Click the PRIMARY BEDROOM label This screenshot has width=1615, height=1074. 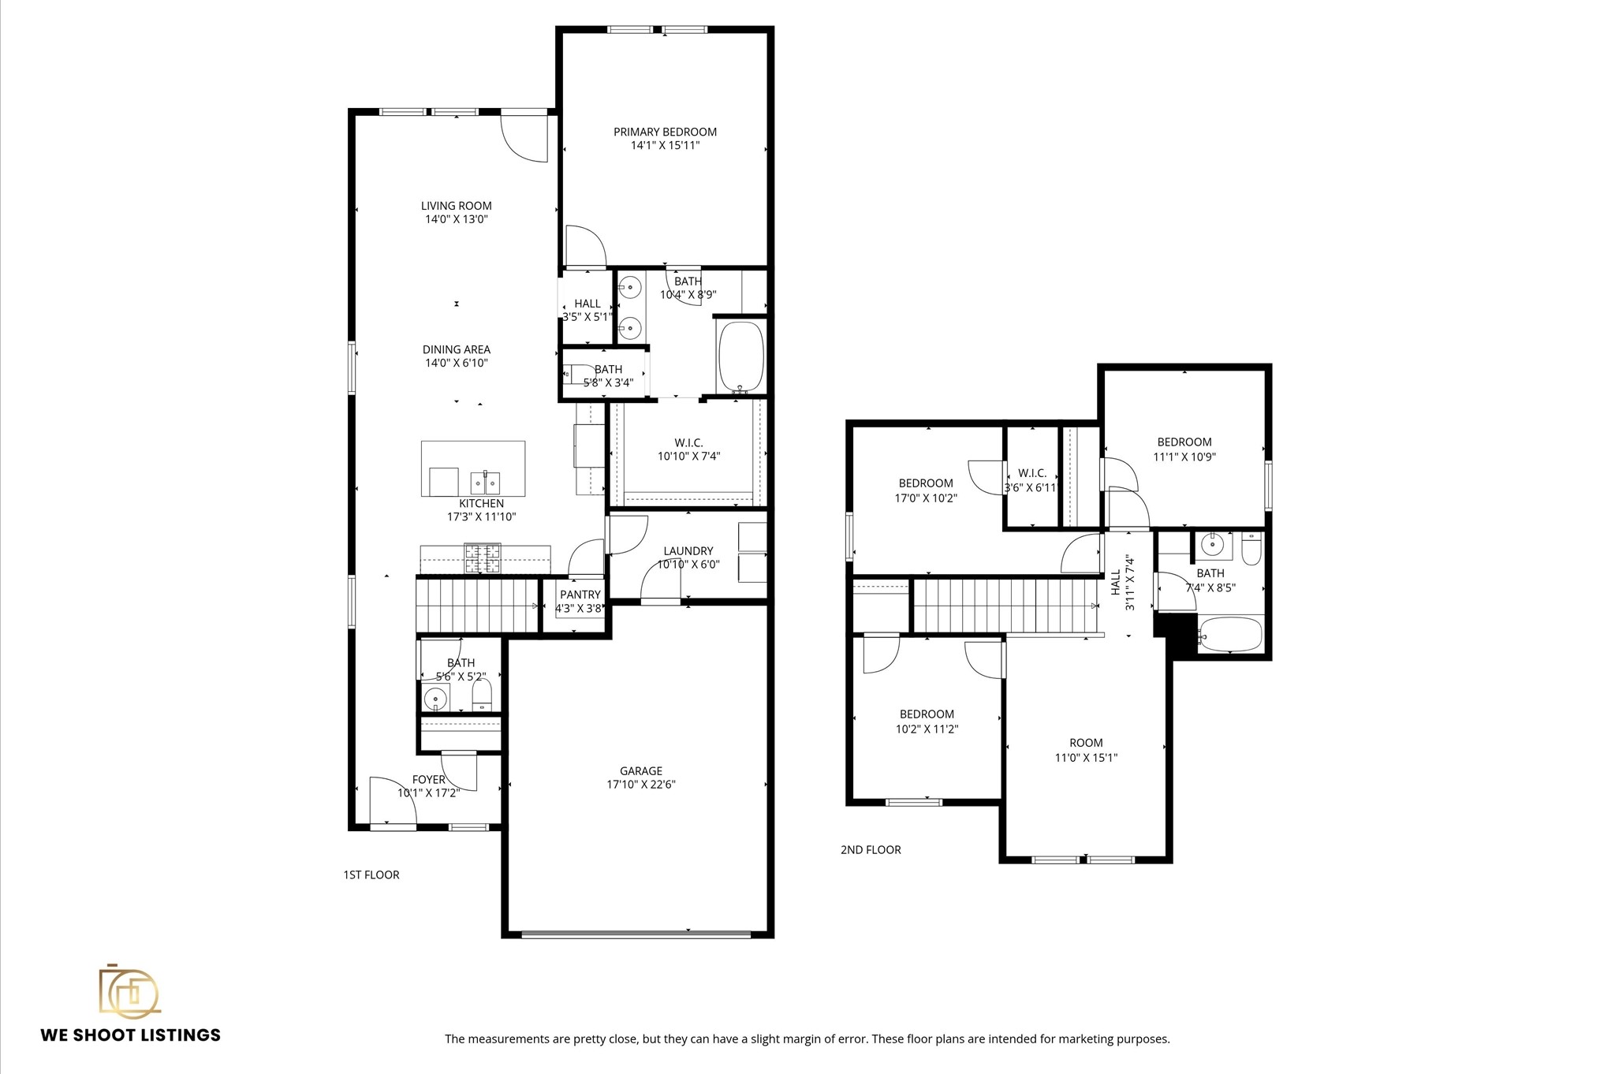coord(665,132)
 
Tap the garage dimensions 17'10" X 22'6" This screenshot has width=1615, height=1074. coord(640,785)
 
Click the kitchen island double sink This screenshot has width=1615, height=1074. coord(485,481)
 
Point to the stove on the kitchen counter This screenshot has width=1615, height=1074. coord(482,558)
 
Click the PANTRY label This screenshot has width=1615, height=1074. coord(580,595)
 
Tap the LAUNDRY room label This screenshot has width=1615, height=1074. coord(688,551)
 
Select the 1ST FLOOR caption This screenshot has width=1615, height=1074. coord(371,874)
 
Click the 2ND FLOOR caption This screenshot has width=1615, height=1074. coord(871,849)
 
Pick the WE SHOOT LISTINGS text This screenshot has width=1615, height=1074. coord(131,1035)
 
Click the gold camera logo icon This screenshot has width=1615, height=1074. coord(129,990)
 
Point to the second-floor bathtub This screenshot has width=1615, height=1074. coord(1230,634)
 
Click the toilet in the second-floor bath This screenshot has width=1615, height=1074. coord(1251,549)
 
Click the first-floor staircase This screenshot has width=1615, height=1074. coord(476,604)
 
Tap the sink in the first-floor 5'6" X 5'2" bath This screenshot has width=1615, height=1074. coord(435,699)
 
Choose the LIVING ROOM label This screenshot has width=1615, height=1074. coord(456,206)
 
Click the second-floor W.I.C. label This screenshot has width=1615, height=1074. coord(1031,473)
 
